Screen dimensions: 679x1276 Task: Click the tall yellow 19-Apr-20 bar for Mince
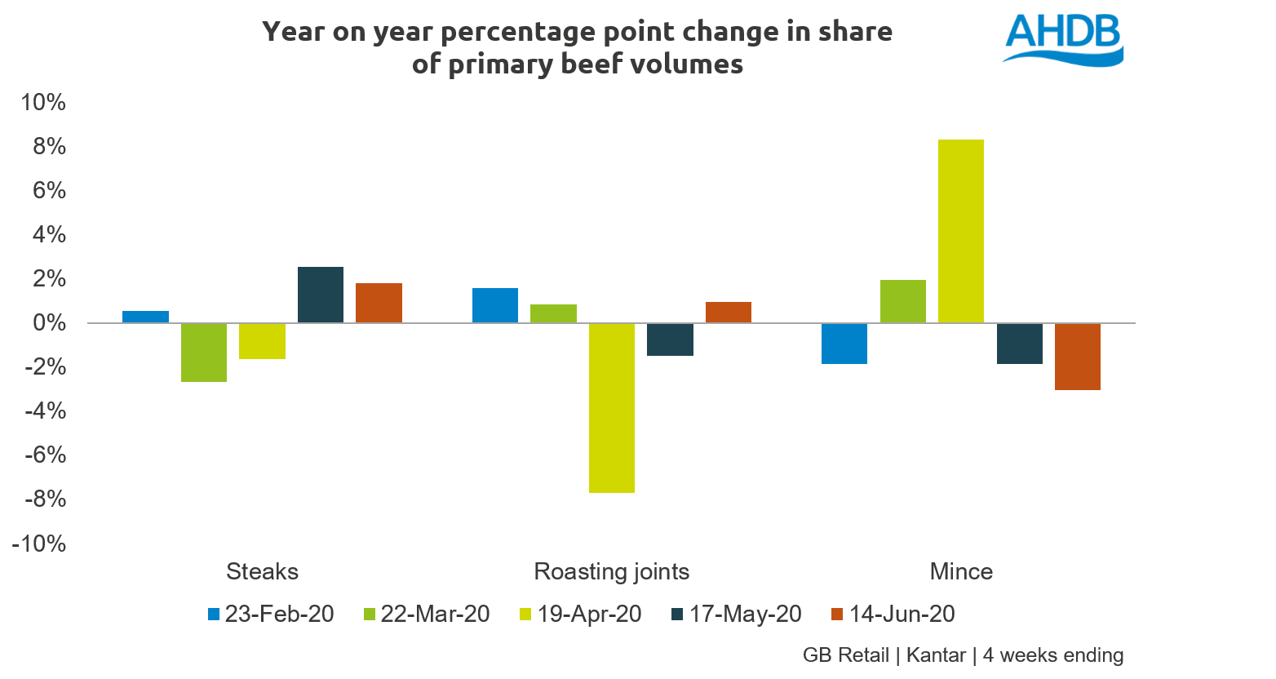(x=960, y=231)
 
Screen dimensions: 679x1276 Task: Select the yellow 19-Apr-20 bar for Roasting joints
(x=611, y=408)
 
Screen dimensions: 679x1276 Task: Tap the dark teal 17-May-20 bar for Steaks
(x=320, y=295)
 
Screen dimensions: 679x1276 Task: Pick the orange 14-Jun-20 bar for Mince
(x=1077, y=357)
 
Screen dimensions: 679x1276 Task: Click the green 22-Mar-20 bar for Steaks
(x=204, y=353)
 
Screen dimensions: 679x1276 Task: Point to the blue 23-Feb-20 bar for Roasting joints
(x=494, y=306)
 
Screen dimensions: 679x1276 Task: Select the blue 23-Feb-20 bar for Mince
(x=844, y=344)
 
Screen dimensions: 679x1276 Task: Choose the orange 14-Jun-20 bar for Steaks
(x=379, y=303)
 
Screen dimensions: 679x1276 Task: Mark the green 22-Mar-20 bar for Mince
(x=902, y=302)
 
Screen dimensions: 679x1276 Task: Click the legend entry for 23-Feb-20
(x=271, y=615)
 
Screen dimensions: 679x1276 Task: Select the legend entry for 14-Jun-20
(x=893, y=615)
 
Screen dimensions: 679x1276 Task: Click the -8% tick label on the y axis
(x=39, y=499)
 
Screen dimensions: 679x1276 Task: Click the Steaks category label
(x=262, y=571)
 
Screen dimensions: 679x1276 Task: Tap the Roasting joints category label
(x=611, y=571)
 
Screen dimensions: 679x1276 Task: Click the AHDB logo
(x=1062, y=38)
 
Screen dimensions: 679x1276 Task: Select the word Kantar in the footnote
(x=936, y=655)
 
